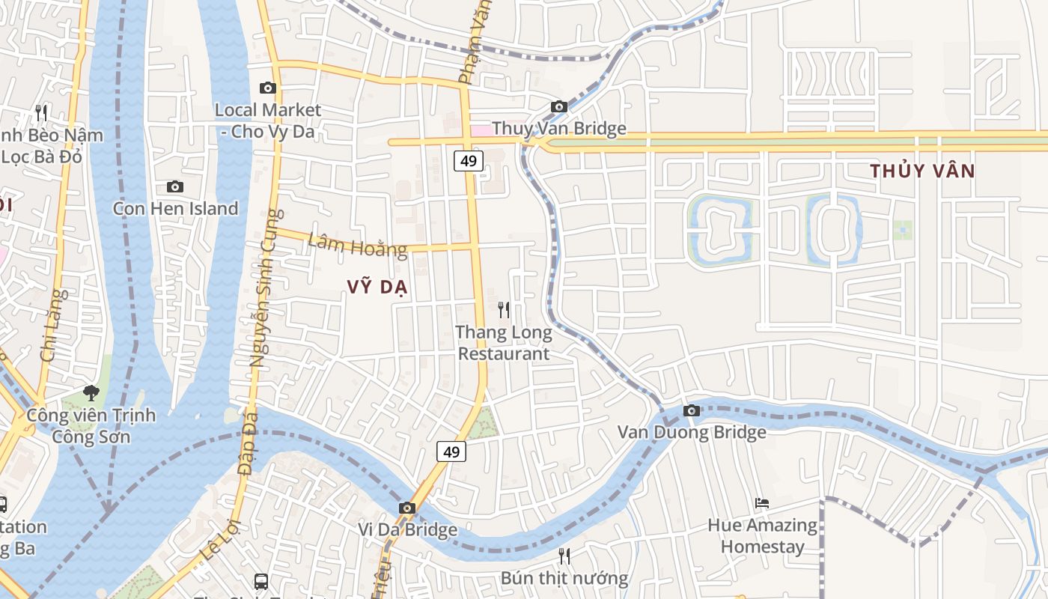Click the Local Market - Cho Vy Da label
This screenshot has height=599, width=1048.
267,121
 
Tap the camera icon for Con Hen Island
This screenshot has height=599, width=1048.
174,186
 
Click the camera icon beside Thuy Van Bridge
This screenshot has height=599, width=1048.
558,107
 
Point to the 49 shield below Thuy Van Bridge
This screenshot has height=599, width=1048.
469,161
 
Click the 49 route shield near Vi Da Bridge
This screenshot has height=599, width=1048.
451,451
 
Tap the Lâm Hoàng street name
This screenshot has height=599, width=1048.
357,245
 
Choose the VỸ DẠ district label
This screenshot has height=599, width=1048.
377,287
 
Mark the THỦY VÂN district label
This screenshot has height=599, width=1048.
922,171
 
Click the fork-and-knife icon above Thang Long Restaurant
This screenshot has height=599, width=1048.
504,309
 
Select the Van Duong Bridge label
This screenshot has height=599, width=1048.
691,432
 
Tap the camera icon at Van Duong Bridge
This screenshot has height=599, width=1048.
691,411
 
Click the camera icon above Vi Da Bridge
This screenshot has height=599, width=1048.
406,508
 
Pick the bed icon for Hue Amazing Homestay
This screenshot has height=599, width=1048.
762,503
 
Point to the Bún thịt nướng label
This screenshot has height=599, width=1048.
564,578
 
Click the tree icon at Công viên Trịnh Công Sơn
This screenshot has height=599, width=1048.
91,392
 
